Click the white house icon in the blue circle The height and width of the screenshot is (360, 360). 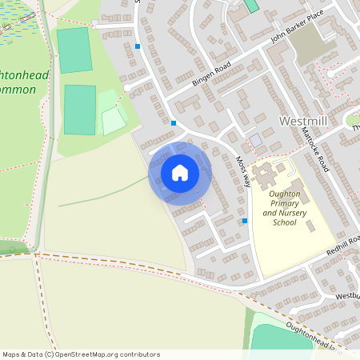tap(179, 172)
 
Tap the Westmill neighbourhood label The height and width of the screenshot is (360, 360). tap(304, 122)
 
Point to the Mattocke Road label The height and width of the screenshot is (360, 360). tap(317, 153)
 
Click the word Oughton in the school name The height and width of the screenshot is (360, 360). tap(285, 194)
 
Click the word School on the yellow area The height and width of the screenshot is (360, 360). tap(284, 222)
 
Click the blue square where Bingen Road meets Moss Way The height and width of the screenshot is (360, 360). tap(174, 122)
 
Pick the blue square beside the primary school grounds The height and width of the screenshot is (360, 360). tap(244, 221)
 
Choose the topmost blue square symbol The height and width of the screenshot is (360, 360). tap(138, 46)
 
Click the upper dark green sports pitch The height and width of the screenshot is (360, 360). tap(74, 50)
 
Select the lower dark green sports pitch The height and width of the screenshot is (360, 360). tap(79, 110)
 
